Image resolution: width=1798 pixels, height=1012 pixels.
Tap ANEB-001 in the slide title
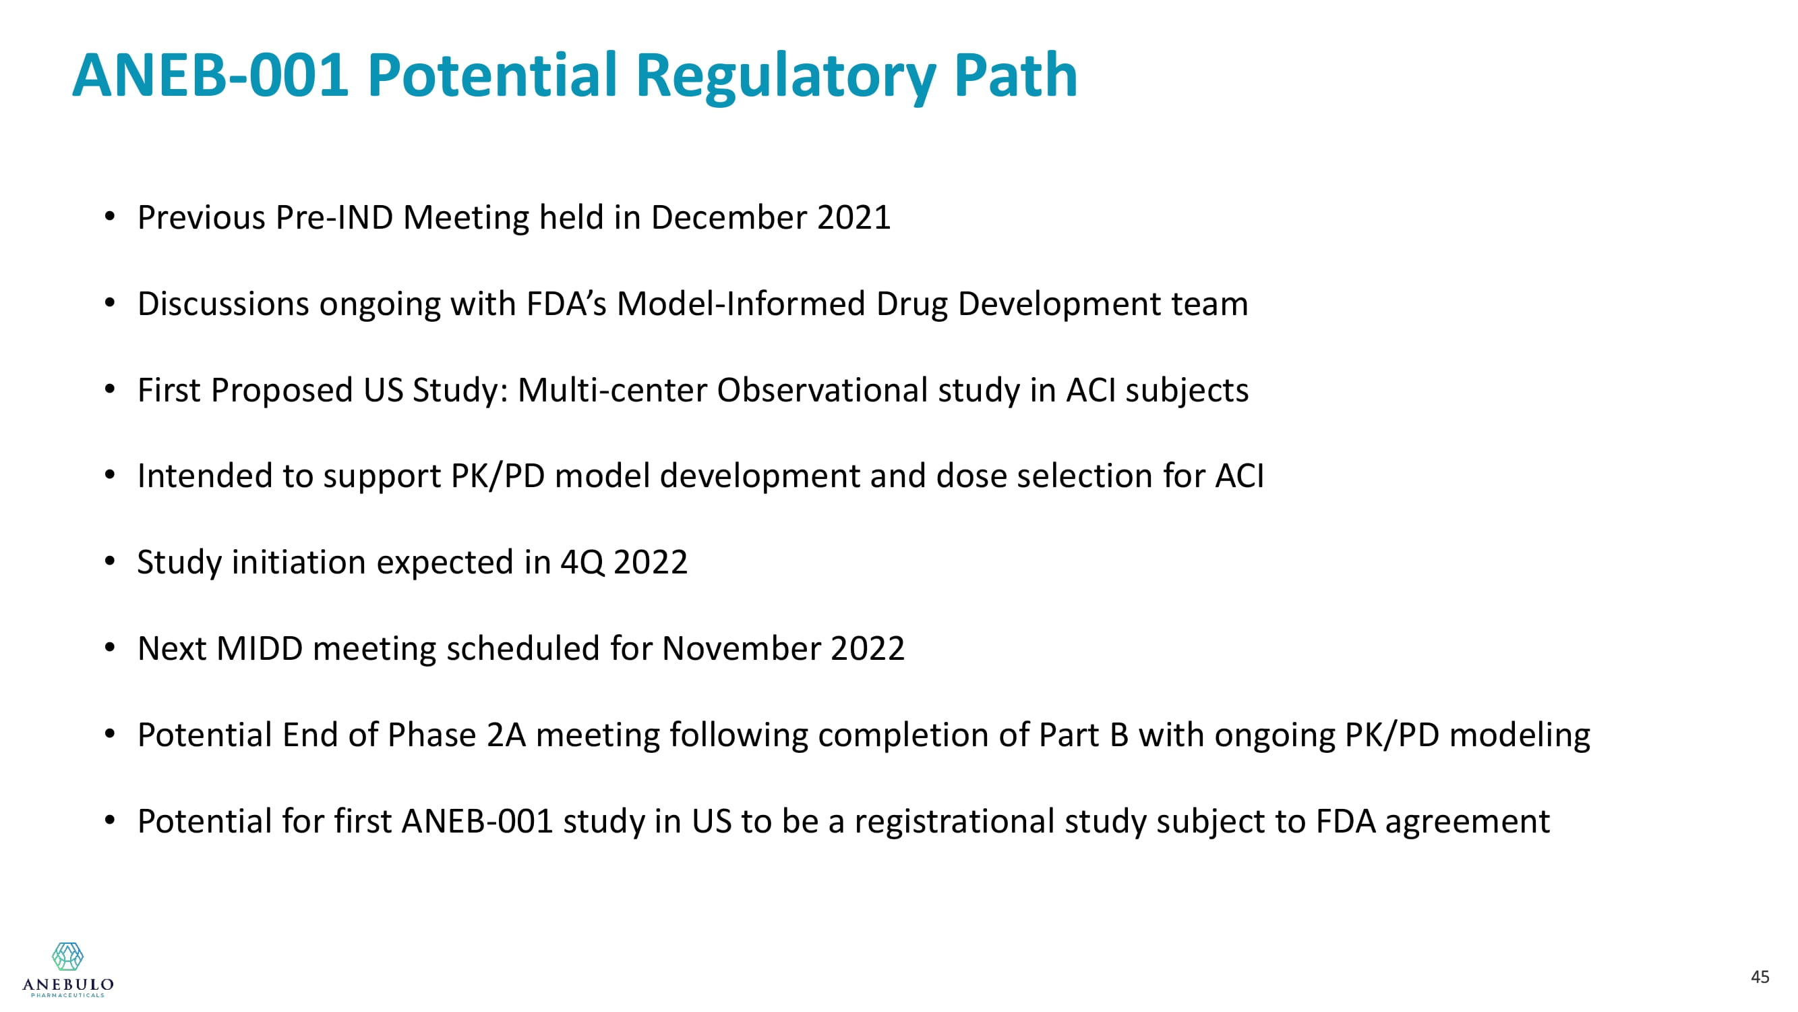coord(210,75)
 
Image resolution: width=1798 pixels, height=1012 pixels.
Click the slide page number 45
coord(1760,976)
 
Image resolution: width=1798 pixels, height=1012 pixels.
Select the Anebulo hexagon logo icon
coord(67,956)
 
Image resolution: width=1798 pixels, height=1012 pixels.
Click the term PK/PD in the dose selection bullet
coord(498,476)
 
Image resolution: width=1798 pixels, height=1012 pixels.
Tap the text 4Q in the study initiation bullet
coord(582,562)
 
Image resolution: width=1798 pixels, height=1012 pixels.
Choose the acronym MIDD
coord(260,648)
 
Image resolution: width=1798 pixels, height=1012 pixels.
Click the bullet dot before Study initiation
coord(110,561)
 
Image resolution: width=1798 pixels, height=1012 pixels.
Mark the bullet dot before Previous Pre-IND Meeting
coord(110,217)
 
